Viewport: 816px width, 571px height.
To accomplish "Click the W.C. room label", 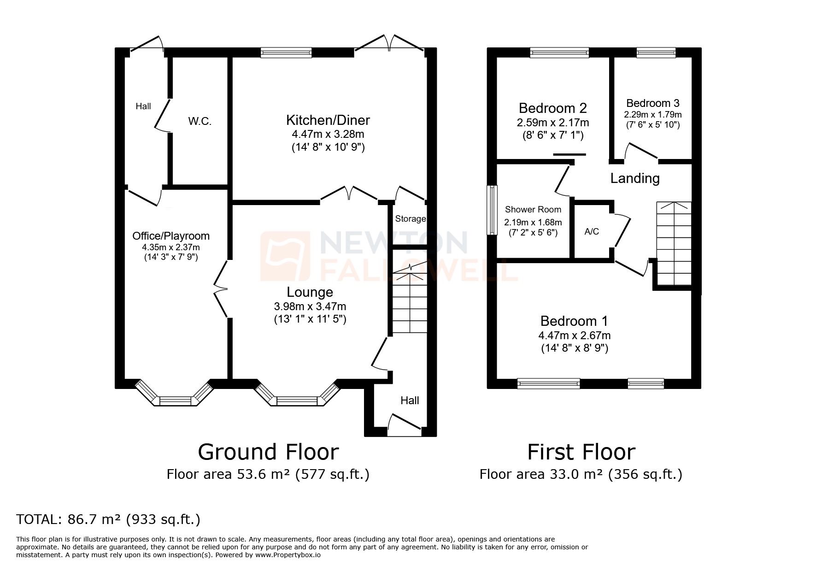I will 200,122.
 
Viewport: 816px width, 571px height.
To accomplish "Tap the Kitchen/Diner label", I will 328,120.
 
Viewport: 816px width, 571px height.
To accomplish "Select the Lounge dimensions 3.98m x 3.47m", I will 310,306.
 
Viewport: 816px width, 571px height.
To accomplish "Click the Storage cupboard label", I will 410,219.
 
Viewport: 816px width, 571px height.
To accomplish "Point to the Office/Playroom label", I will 171,236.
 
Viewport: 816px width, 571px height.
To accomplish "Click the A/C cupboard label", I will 592,231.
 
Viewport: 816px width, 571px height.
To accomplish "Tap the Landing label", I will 634,178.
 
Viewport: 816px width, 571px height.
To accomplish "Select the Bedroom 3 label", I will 652,103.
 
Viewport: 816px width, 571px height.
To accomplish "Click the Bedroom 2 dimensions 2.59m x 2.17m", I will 552,123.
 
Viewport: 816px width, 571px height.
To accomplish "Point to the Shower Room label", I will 533,210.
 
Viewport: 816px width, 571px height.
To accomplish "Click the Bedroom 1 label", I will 574,321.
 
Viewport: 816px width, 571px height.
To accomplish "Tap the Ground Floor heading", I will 268,452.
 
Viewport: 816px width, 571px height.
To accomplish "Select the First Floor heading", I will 581,452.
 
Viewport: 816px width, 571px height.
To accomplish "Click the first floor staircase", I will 674,244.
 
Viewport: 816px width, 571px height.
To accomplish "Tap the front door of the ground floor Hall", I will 405,424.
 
